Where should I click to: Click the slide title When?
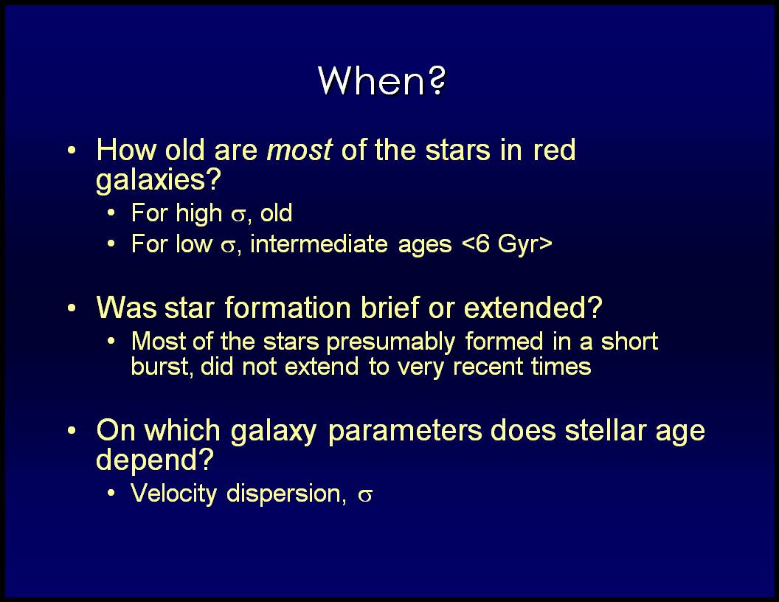382,80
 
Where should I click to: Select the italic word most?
299,150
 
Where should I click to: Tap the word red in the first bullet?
555,150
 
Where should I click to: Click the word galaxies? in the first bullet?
158,180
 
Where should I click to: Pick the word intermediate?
319,243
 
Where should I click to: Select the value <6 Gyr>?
507,244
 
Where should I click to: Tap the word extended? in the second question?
533,308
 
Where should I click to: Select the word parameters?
405,432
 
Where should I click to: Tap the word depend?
154,460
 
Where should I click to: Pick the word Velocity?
174,494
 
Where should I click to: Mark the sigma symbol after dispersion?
365,496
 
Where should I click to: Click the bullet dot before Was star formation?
72,308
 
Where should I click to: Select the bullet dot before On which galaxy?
72,430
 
